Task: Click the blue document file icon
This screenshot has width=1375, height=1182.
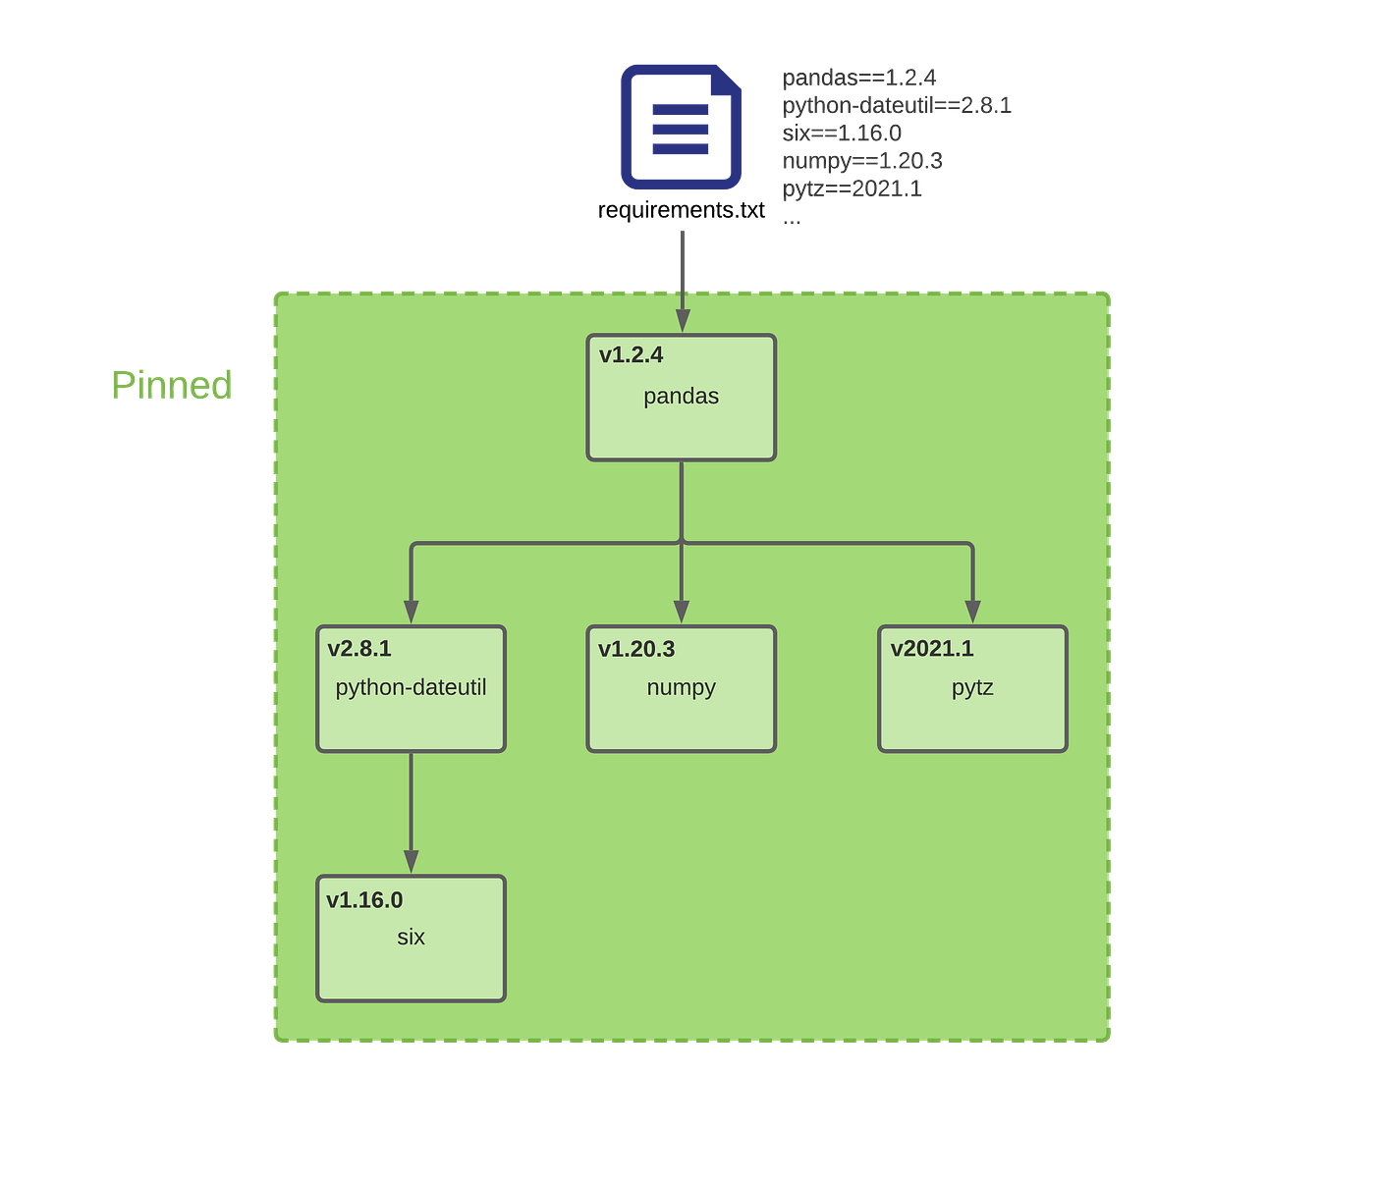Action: tap(681, 128)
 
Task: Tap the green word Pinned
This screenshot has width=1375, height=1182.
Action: tap(172, 385)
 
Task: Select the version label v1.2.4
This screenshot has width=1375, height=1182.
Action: tap(631, 355)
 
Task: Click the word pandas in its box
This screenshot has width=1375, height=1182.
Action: tap(681, 397)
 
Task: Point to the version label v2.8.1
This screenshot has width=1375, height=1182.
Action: tap(359, 649)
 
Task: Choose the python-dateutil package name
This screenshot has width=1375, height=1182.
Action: tap(411, 687)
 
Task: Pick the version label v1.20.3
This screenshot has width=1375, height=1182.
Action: tap(636, 649)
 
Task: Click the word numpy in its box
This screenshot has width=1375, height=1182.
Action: tap(681, 687)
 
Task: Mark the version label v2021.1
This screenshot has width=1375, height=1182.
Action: tap(932, 649)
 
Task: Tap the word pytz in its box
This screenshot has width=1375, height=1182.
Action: tap(972, 687)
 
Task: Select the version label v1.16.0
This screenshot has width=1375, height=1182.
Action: tap(364, 900)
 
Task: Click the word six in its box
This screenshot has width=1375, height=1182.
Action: tap(411, 938)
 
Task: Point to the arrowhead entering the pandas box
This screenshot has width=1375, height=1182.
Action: tap(682, 322)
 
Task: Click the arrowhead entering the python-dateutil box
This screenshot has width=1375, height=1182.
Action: tap(411, 612)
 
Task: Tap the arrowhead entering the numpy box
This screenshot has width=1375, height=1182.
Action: tap(682, 612)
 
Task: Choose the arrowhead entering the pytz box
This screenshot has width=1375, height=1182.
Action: tap(972, 612)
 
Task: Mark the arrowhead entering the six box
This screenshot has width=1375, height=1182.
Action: tap(411, 862)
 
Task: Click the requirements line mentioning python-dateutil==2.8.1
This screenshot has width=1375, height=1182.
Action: tap(898, 105)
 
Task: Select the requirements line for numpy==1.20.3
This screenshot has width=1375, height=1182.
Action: tap(862, 160)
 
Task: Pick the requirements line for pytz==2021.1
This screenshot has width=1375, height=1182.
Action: tap(852, 187)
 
